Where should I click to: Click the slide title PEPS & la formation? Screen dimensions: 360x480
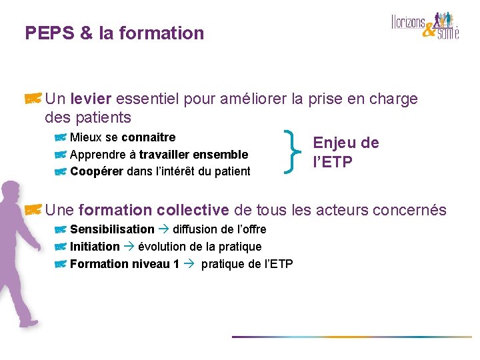point(114,33)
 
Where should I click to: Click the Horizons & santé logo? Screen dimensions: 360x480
point(425,25)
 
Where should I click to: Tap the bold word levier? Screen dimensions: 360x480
point(90,99)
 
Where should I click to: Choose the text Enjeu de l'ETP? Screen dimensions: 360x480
point(345,152)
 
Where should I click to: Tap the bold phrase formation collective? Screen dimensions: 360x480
point(153,210)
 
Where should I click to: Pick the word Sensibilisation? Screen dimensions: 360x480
point(112,229)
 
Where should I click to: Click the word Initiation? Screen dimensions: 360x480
point(95,247)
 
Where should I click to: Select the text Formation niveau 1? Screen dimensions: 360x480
point(124,264)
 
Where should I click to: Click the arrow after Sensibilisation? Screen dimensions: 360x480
point(164,229)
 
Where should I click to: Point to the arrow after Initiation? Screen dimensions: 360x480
point(129,247)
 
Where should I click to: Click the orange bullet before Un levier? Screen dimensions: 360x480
point(34,99)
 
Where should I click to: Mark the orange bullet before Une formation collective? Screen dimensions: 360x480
point(34,210)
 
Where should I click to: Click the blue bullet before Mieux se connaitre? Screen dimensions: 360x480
point(61,137)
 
